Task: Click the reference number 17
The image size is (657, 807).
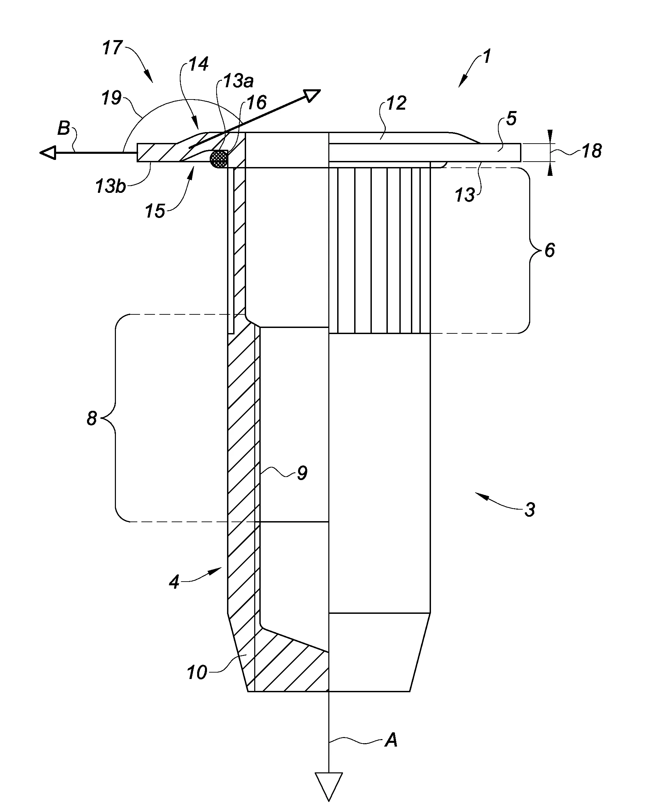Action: pos(113,48)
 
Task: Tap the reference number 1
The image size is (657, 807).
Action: pos(487,56)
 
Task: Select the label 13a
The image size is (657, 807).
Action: pos(238,81)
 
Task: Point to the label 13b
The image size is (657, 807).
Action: pos(110,186)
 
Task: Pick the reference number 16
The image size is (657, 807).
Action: pos(256,103)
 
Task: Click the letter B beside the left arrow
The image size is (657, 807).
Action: pos(64,129)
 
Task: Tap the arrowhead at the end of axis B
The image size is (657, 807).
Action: pos(48,153)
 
